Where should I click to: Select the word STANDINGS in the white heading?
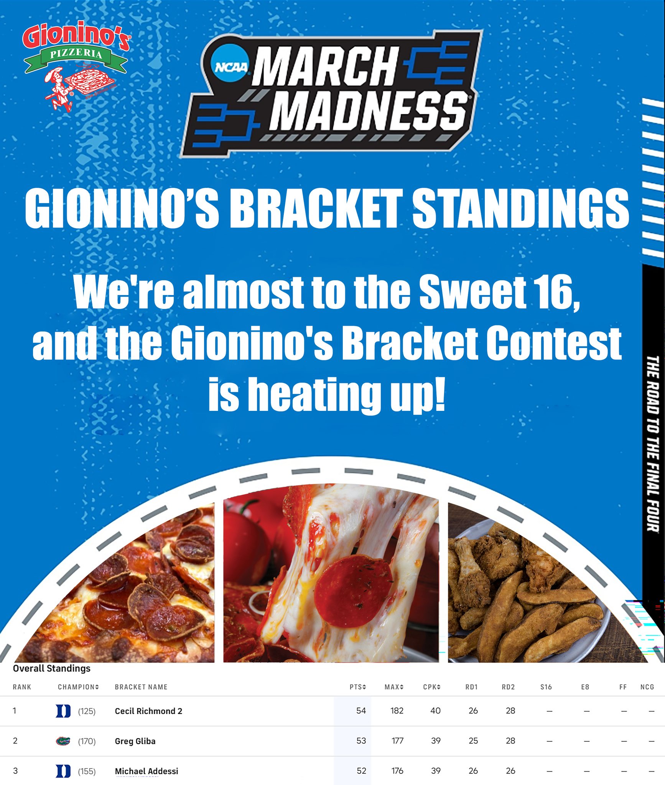coord(520,209)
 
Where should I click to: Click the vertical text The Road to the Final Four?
coord(653,443)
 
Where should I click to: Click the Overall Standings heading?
coord(52,668)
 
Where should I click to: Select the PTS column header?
coord(357,687)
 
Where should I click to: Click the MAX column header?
coord(394,687)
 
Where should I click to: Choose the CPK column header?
coord(432,687)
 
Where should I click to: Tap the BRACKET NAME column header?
coord(141,687)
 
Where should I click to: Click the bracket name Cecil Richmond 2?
coord(148,711)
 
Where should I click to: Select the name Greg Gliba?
coord(135,741)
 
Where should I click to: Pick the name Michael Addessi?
coord(146,771)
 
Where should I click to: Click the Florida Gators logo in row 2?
coord(63,741)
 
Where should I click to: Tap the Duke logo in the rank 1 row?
coord(63,711)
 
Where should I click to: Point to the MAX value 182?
coord(397,711)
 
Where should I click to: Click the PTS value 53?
coord(361,741)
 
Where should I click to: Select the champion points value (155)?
coord(87,771)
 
